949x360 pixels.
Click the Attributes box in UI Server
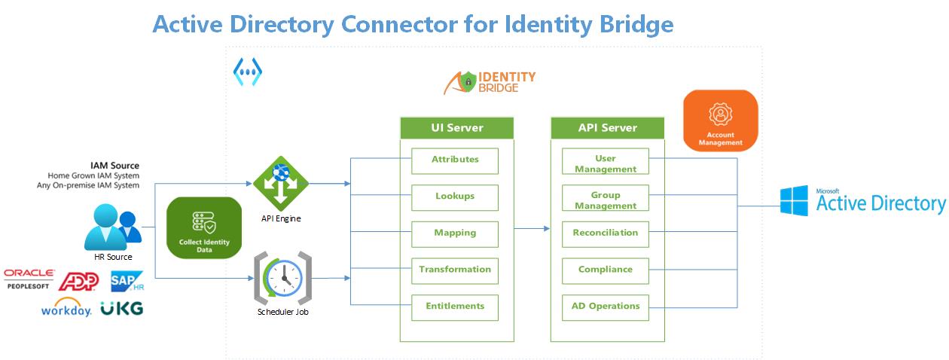tap(455, 161)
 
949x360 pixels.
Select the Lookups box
tap(455, 197)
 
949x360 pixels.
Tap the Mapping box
tap(455, 234)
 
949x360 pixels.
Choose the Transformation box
tap(455, 270)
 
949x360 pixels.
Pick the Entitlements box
tap(455, 307)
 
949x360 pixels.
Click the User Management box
tap(606, 161)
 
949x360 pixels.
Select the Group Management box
tap(606, 197)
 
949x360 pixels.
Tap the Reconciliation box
tap(606, 234)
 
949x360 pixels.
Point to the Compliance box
tap(606, 270)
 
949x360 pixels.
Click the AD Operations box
tap(606, 307)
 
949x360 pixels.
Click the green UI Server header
tap(456, 128)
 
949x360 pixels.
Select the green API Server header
tap(608, 128)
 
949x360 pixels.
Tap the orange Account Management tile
tap(721, 121)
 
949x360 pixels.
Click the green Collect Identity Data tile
tap(204, 228)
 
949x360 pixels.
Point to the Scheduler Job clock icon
tap(283, 278)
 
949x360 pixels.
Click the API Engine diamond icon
tap(280, 183)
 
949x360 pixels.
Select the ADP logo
tap(79, 281)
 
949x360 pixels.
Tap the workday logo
tap(66, 308)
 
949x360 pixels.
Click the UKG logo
tap(122, 308)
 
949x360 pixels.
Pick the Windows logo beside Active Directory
tap(794, 201)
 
